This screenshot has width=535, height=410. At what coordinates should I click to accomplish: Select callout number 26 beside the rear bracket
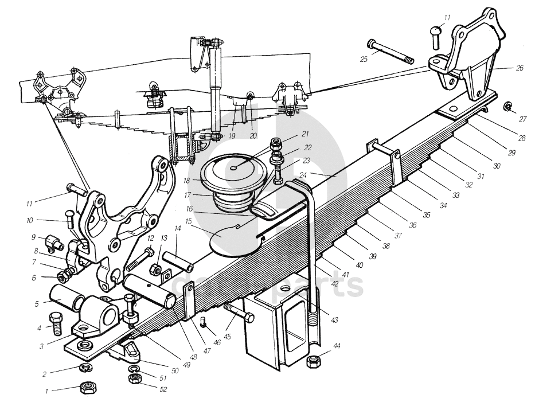pos(519,68)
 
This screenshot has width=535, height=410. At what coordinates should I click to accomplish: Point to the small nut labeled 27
pos(507,106)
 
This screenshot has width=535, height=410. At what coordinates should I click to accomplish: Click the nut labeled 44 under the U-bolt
pos(314,361)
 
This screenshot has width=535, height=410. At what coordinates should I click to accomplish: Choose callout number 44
pos(337,346)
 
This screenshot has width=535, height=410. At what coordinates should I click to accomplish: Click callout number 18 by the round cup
pos(187,179)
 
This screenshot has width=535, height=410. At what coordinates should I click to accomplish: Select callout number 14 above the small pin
pos(178,228)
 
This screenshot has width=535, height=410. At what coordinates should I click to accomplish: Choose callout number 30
pos(496,165)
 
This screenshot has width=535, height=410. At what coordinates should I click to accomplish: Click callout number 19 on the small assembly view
pos(231,136)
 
